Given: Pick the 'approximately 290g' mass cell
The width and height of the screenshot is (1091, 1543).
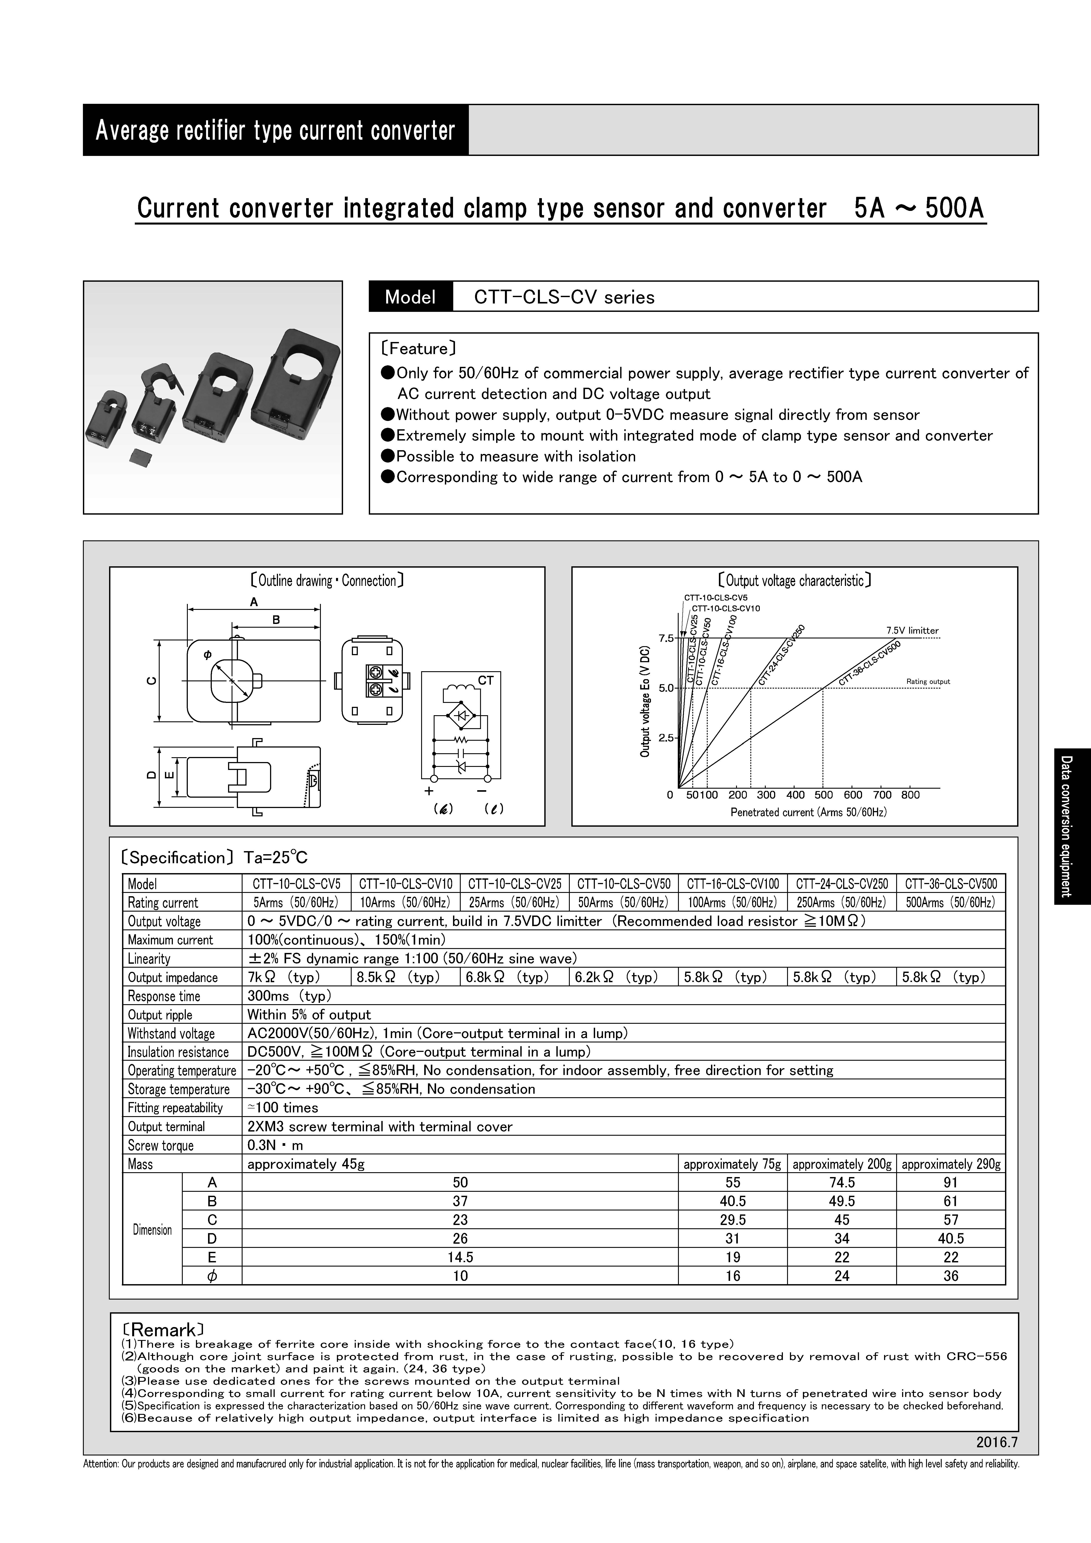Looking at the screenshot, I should click(x=950, y=1164).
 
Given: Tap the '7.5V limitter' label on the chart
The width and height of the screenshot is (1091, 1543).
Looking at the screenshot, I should click(x=912, y=630).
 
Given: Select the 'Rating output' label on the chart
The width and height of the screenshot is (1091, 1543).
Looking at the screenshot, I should click(x=928, y=682).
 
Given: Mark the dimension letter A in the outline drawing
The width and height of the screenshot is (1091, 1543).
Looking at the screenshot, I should click(x=254, y=602).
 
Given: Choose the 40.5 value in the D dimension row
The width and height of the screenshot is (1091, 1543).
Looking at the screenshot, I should click(x=950, y=1239).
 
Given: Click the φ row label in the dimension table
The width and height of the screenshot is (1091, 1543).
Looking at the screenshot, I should click(x=212, y=1276).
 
